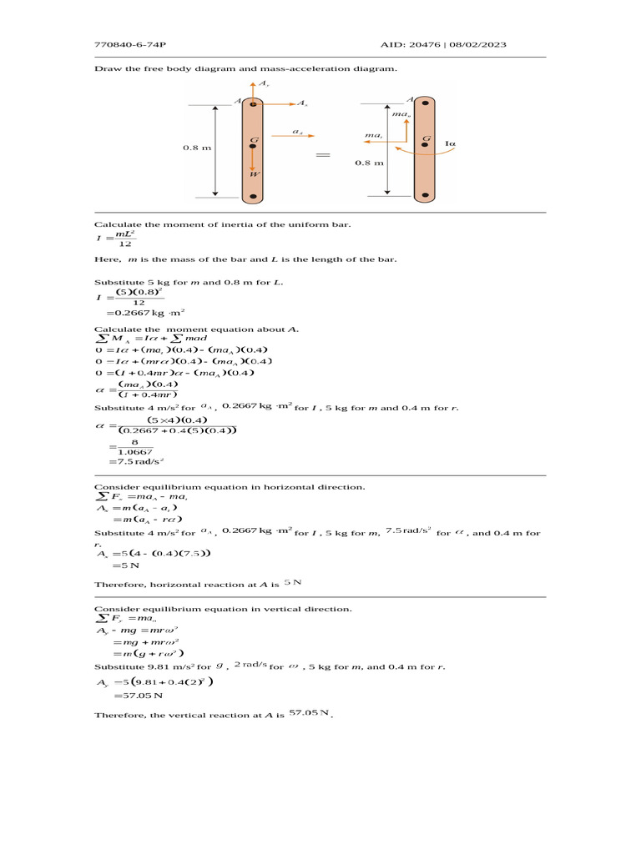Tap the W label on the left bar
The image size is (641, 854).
(255, 173)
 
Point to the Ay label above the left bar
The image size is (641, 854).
(263, 85)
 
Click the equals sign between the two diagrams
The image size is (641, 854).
(324, 155)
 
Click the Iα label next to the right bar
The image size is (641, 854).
(451, 143)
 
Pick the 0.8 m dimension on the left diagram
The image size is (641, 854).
(197, 148)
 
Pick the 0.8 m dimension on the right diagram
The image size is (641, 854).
(369, 163)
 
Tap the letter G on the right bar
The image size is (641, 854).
(426, 139)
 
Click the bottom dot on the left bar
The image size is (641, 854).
(253, 196)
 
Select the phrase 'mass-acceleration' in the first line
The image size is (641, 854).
(278, 68)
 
